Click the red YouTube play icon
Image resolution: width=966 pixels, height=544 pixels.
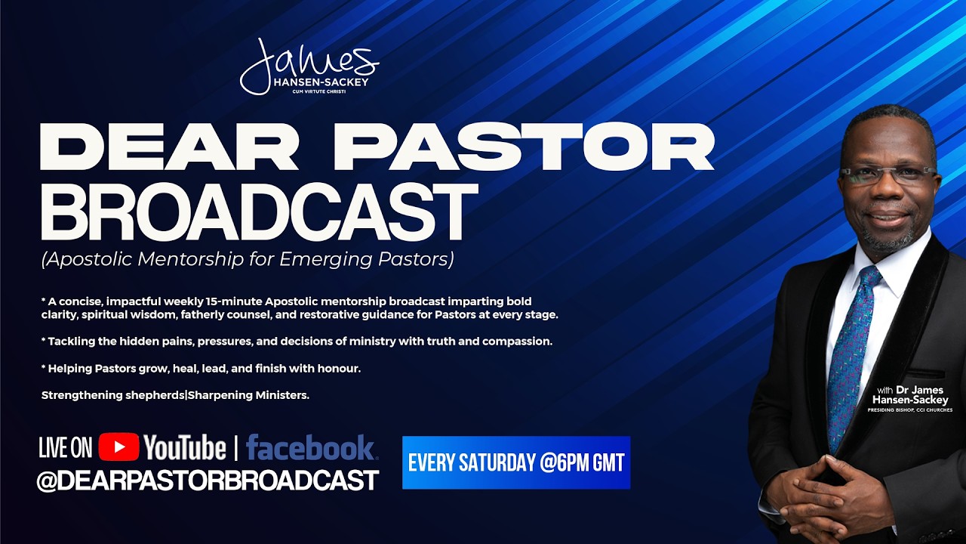point(118,447)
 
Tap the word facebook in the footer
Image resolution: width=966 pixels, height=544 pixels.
point(310,447)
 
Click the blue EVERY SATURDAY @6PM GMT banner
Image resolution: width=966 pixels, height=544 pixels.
point(516,462)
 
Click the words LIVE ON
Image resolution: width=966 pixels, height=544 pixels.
point(66,447)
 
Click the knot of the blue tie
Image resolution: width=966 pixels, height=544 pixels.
point(869,279)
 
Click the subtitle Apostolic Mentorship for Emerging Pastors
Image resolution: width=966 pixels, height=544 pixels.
point(248,260)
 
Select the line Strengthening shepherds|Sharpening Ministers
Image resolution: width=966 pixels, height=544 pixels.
point(175,395)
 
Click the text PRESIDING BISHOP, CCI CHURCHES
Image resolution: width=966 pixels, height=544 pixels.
point(909,410)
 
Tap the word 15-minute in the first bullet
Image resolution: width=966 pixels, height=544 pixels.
point(254,301)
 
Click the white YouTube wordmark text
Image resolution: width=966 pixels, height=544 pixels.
point(185,447)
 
